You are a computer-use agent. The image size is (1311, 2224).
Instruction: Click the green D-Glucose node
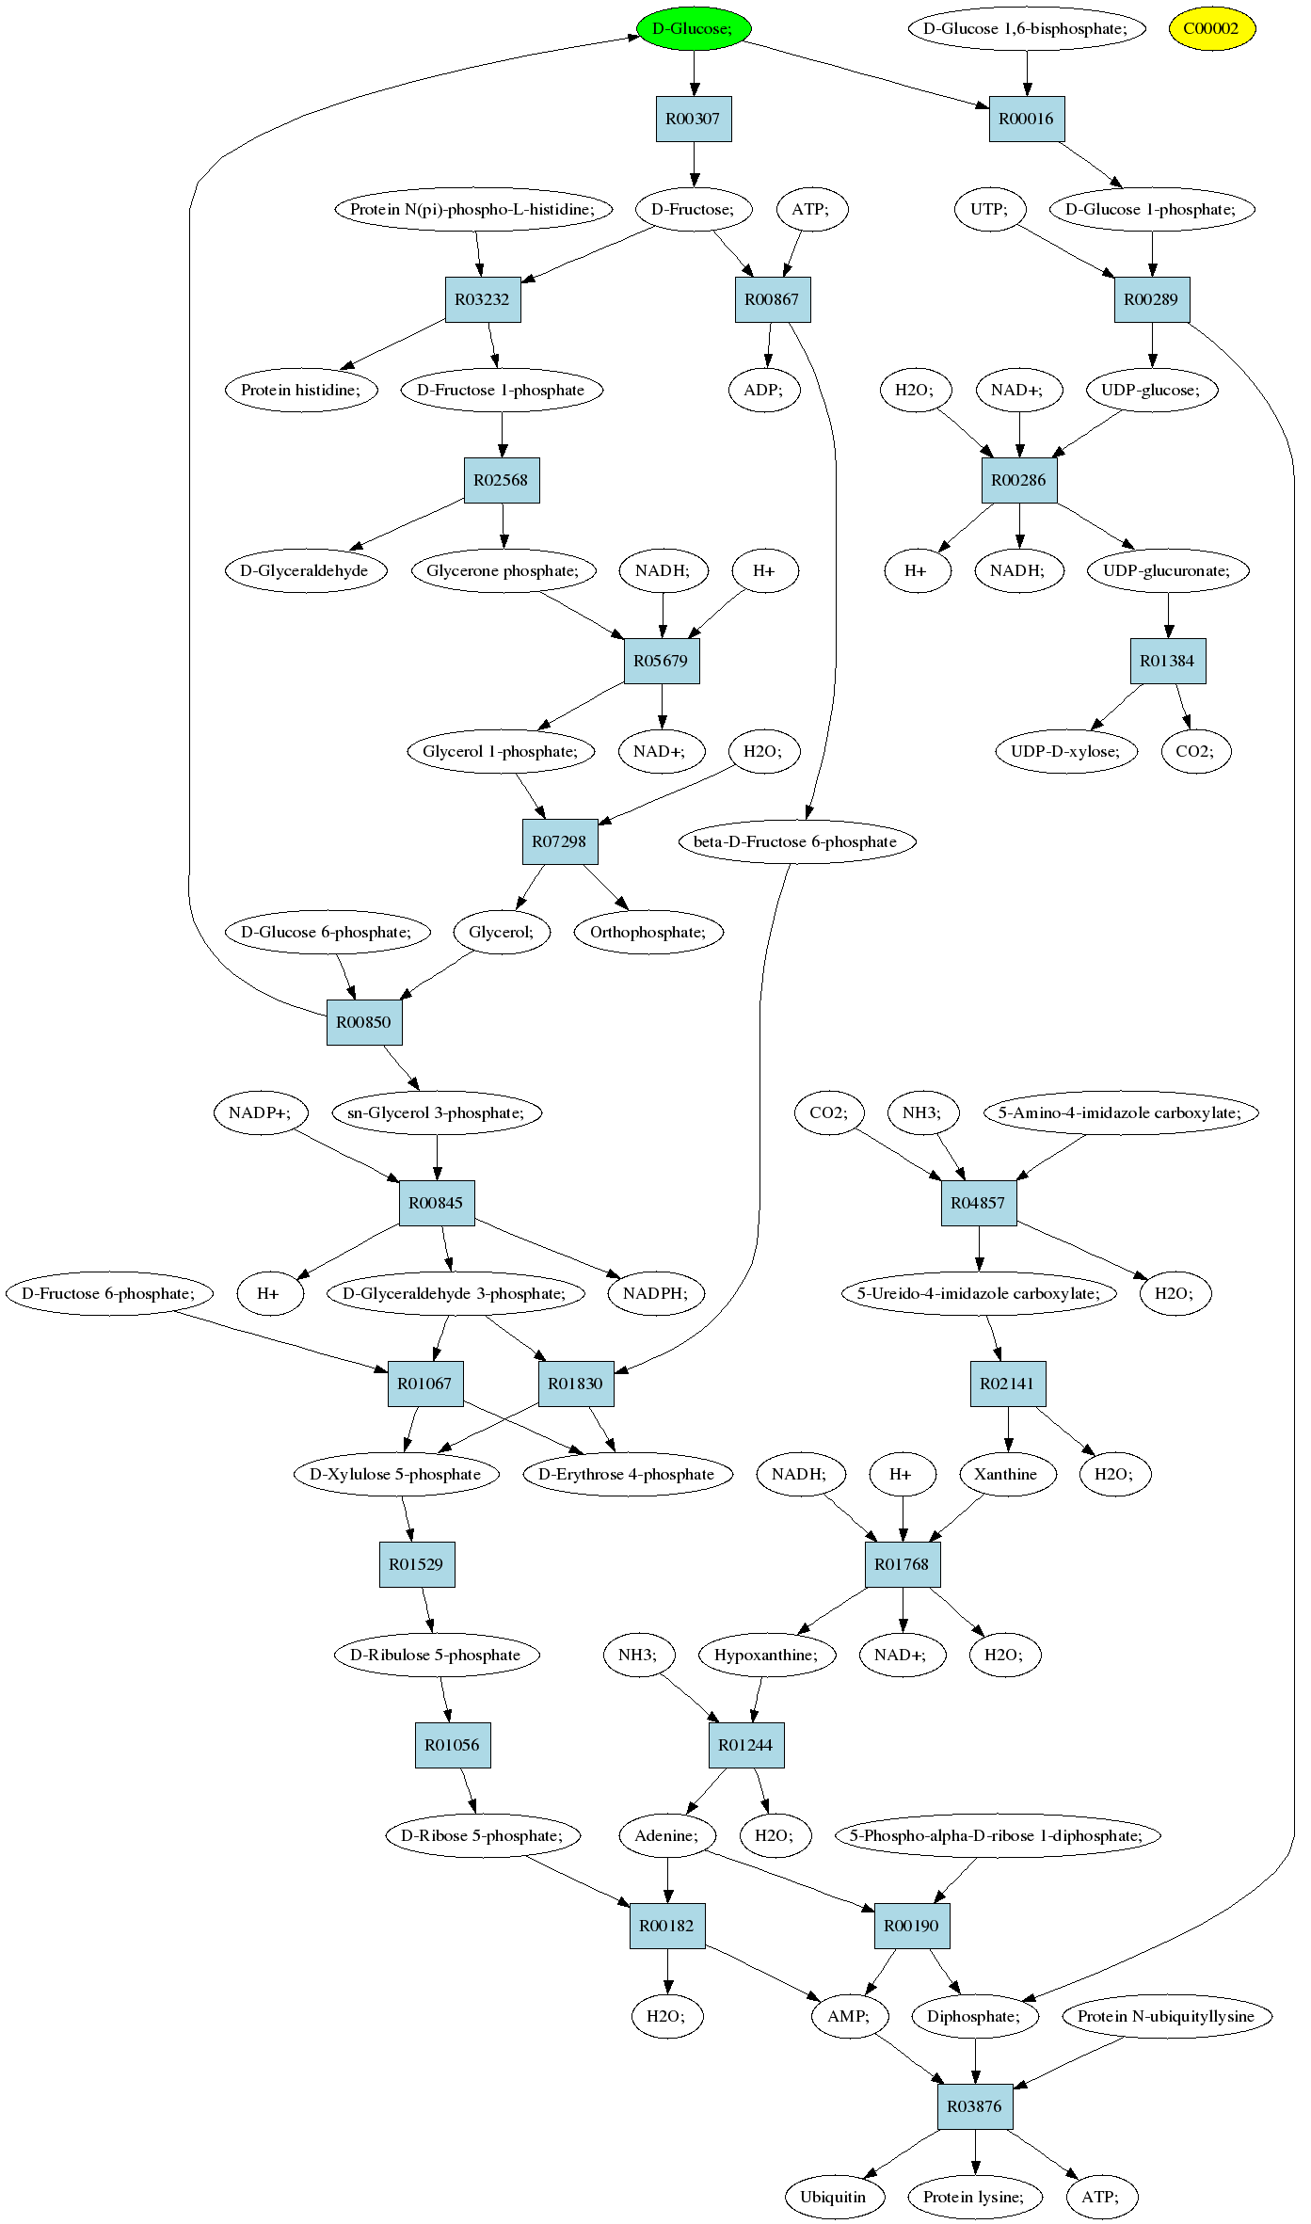click(694, 28)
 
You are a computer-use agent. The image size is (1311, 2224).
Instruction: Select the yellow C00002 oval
click(1211, 28)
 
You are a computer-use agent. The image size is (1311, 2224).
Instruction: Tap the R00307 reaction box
click(694, 119)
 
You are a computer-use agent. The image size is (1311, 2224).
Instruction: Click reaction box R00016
click(1027, 119)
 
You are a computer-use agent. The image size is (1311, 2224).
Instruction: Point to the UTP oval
click(989, 209)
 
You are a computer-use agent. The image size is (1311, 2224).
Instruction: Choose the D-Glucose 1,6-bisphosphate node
click(1027, 28)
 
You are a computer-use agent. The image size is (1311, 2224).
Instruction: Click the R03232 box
click(483, 299)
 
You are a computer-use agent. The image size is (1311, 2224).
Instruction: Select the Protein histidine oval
click(301, 390)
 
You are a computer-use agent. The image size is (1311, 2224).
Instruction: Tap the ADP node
click(765, 390)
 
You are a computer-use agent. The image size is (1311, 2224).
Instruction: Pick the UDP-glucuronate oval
click(1168, 570)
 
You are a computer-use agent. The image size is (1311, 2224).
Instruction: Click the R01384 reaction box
click(1168, 661)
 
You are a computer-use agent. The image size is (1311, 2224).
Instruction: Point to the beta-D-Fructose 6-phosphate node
click(796, 841)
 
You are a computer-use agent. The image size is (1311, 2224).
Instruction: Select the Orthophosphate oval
click(648, 932)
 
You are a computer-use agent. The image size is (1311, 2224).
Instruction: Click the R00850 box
click(364, 1022)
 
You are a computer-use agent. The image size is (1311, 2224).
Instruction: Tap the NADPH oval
click(656, 1293)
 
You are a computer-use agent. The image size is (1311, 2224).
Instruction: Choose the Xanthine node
click(1006, 1474)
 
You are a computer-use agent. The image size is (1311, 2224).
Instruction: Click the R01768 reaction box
click(903, 1564)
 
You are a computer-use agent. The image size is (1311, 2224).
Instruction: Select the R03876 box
click(975, 2106)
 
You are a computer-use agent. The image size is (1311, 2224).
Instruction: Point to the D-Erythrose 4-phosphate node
click(628, 1474)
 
